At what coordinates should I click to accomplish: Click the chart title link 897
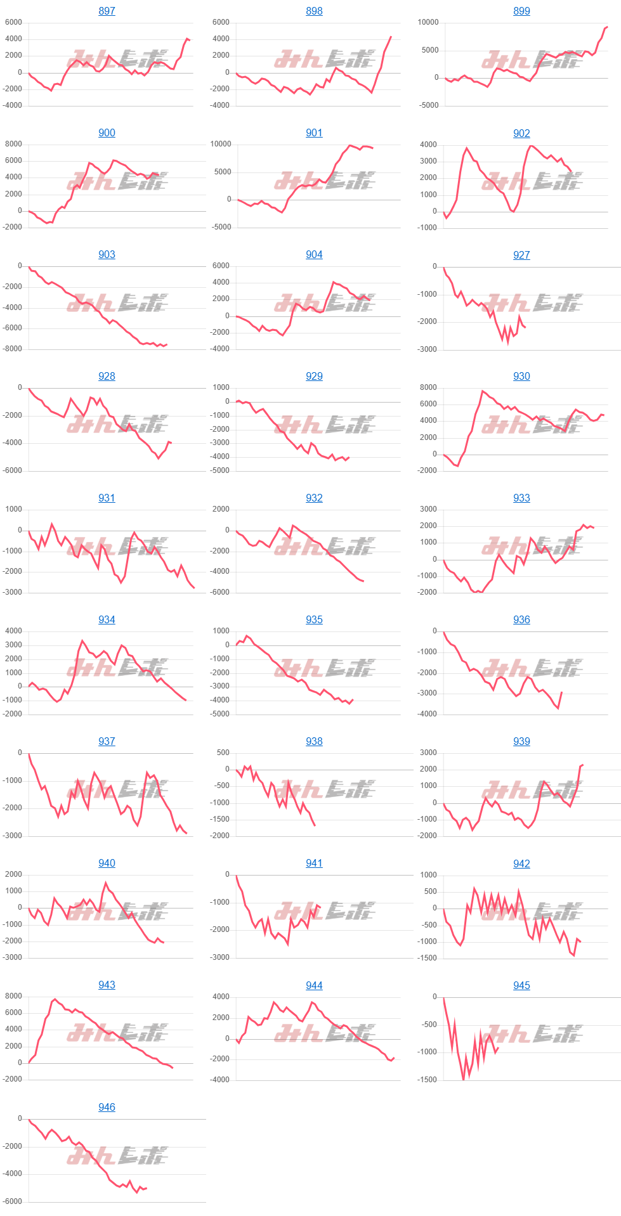coord(107,11)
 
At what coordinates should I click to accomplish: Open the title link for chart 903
coord(107,254)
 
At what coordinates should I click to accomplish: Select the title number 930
coord(521,376)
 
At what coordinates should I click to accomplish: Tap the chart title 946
coord(107,1107)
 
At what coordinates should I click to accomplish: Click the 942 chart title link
coord(521,863)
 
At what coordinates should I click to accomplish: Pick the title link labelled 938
coord(314,741)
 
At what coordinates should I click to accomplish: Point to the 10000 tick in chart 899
coord(428,22)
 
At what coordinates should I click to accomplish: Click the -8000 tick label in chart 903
coord(11,349)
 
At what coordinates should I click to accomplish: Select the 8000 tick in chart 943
coord(13,996)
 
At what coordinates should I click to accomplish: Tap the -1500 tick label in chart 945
coord(426,1080)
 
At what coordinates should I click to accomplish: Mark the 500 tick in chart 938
coord(223,753)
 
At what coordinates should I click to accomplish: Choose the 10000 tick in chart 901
coord(221,144)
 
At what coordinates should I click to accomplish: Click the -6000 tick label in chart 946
coord(11,1201)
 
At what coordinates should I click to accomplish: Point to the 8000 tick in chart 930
coord(428,387)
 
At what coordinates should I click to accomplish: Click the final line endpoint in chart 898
coord(391,37)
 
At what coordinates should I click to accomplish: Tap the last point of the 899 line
coord(607,27)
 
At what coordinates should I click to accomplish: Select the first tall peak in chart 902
coord(467,148)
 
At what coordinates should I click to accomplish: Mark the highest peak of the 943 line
coord(55,999)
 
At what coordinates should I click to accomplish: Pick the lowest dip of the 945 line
coord(464,1079)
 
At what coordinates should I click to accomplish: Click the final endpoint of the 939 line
coord(582,765)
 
